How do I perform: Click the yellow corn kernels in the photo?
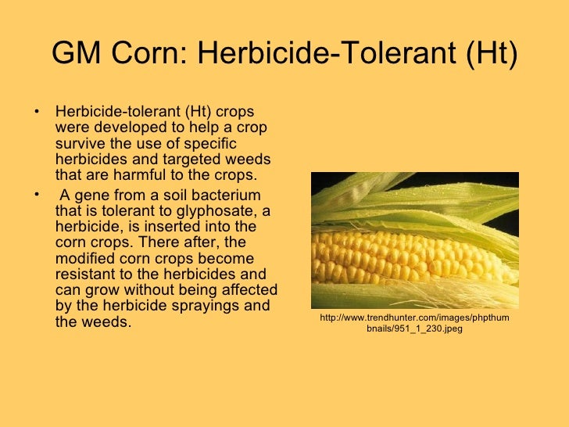406,255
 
